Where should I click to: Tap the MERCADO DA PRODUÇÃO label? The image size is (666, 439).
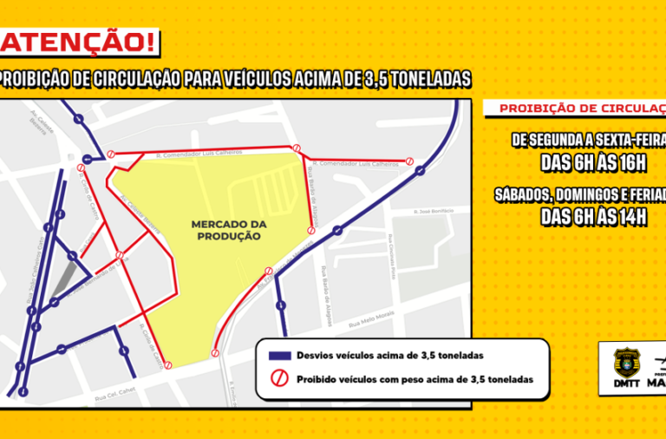[x=229, y=230]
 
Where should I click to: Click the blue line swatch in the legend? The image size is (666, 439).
[x=279, y=356]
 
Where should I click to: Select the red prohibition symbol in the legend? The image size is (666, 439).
[x=279, y=379]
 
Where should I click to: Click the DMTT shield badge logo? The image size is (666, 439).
[x=625, y=364]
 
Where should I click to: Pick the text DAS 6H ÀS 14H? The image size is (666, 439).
[x=594, y=216]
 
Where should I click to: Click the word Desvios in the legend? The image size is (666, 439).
[x=314, y=356]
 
